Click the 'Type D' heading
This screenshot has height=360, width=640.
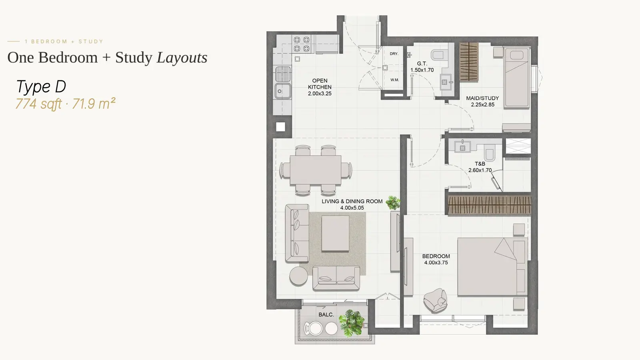click(41, 86)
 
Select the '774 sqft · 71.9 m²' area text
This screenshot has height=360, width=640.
click(66, 104)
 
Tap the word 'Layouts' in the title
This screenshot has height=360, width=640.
click(182, 58)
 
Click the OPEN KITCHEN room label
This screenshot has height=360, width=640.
click(320, 87)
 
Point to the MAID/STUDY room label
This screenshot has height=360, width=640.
click(482, 101)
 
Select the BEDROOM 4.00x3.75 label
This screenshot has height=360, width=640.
click(436, 260)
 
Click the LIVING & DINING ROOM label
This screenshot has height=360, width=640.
click(352, 204)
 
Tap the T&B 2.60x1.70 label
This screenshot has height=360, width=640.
click(480, 167)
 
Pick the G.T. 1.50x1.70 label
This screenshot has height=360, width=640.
click(422, 66)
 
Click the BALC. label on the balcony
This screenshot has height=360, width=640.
click(326, 314)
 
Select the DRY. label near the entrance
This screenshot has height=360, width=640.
click(394, 54)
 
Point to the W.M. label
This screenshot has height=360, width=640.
click(394, 80)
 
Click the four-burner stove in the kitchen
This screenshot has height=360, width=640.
click(302, 44)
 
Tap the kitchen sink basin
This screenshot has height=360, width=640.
click(283, 91)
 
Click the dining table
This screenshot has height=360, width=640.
click(316, 170)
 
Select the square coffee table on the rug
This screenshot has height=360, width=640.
click(335, 234)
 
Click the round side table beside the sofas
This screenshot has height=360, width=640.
click(298, 276)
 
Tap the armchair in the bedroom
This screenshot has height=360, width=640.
click(435, 300)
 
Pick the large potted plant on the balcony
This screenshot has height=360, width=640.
click(352, 323)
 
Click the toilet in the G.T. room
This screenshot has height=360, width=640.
click(439, 54)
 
